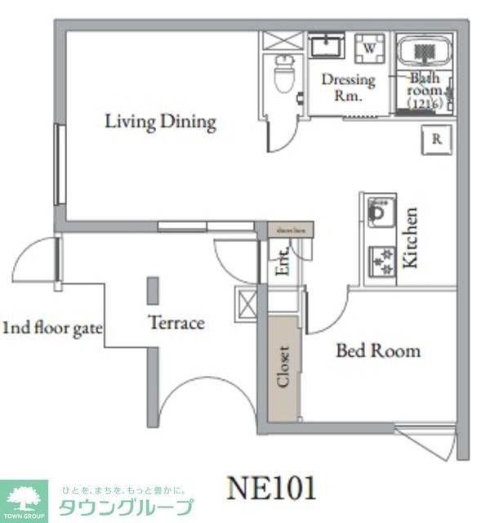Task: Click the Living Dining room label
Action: click(160, 123)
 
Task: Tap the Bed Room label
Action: click(378, 351)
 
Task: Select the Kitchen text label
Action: click(410, 238)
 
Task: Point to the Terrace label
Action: click(176, 323)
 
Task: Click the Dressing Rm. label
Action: click(348, 87)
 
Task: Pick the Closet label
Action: click(283, 367)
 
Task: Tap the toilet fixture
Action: click(284, 75)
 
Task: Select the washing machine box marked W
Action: click(370, 49)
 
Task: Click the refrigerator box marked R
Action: click(437, 140)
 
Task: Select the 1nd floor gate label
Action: click(51, 329)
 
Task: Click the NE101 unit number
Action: click(270, 488)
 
